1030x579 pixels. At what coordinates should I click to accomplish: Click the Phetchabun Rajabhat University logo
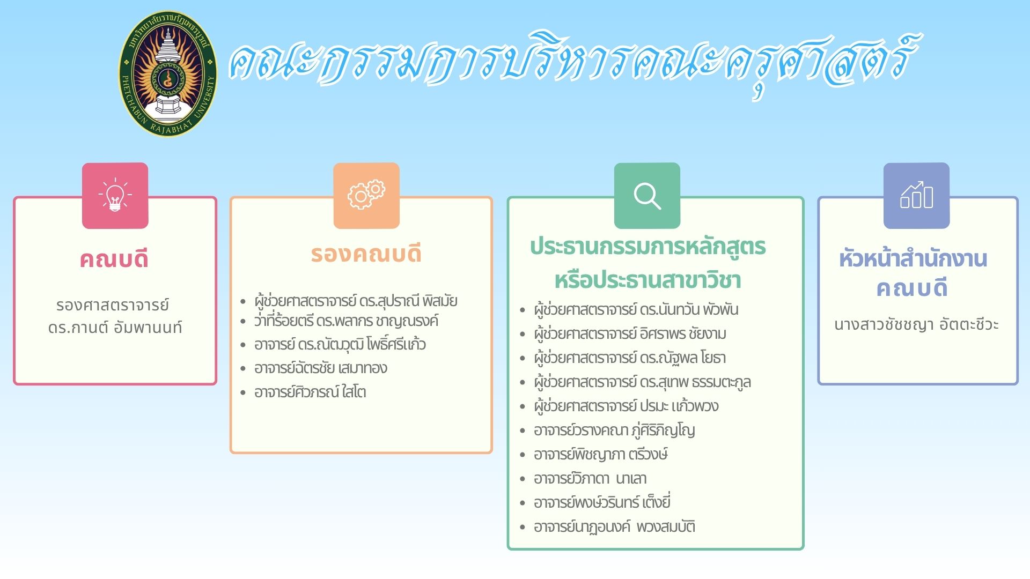click(x=168, y=73)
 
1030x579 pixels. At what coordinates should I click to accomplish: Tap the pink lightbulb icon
click(x=115, y=196)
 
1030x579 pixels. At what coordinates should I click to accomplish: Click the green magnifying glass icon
click(x=647, y=196)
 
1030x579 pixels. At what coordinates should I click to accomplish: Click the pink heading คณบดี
click(x=114, y=259)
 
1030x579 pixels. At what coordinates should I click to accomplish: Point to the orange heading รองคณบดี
click(x=366, y=254)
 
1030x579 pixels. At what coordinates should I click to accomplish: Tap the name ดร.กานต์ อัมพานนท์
click(x=115, y=327)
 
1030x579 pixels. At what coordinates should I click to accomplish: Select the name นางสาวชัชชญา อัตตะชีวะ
click(x=916, y=324)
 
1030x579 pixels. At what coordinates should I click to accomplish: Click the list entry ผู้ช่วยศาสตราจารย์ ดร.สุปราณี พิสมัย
click(x=356, y=301)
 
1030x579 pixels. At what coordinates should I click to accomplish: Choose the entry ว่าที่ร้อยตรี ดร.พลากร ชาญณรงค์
click(x=346, y=321)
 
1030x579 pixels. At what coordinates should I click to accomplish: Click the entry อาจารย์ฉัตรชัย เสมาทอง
click(x=321, y=368)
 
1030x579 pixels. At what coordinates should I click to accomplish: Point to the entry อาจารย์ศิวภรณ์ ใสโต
click(x=310, y=392)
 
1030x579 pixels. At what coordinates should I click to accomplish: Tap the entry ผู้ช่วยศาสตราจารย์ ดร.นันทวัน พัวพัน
click(x=636, y=310)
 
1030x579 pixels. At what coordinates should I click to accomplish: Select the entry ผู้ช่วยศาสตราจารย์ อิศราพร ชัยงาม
click(x=630, y=334)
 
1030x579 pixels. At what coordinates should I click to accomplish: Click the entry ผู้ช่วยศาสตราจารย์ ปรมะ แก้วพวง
click(x=626, y=406)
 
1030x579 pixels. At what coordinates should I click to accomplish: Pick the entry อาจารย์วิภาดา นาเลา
click(x=590, y=478)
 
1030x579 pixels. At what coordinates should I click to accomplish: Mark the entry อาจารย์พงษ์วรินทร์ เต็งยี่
click(x=602, y=502)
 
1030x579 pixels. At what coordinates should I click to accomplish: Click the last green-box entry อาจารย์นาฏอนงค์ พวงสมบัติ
click(x=614, y=527)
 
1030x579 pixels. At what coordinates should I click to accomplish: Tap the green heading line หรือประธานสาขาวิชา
click(x=648, y=280)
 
